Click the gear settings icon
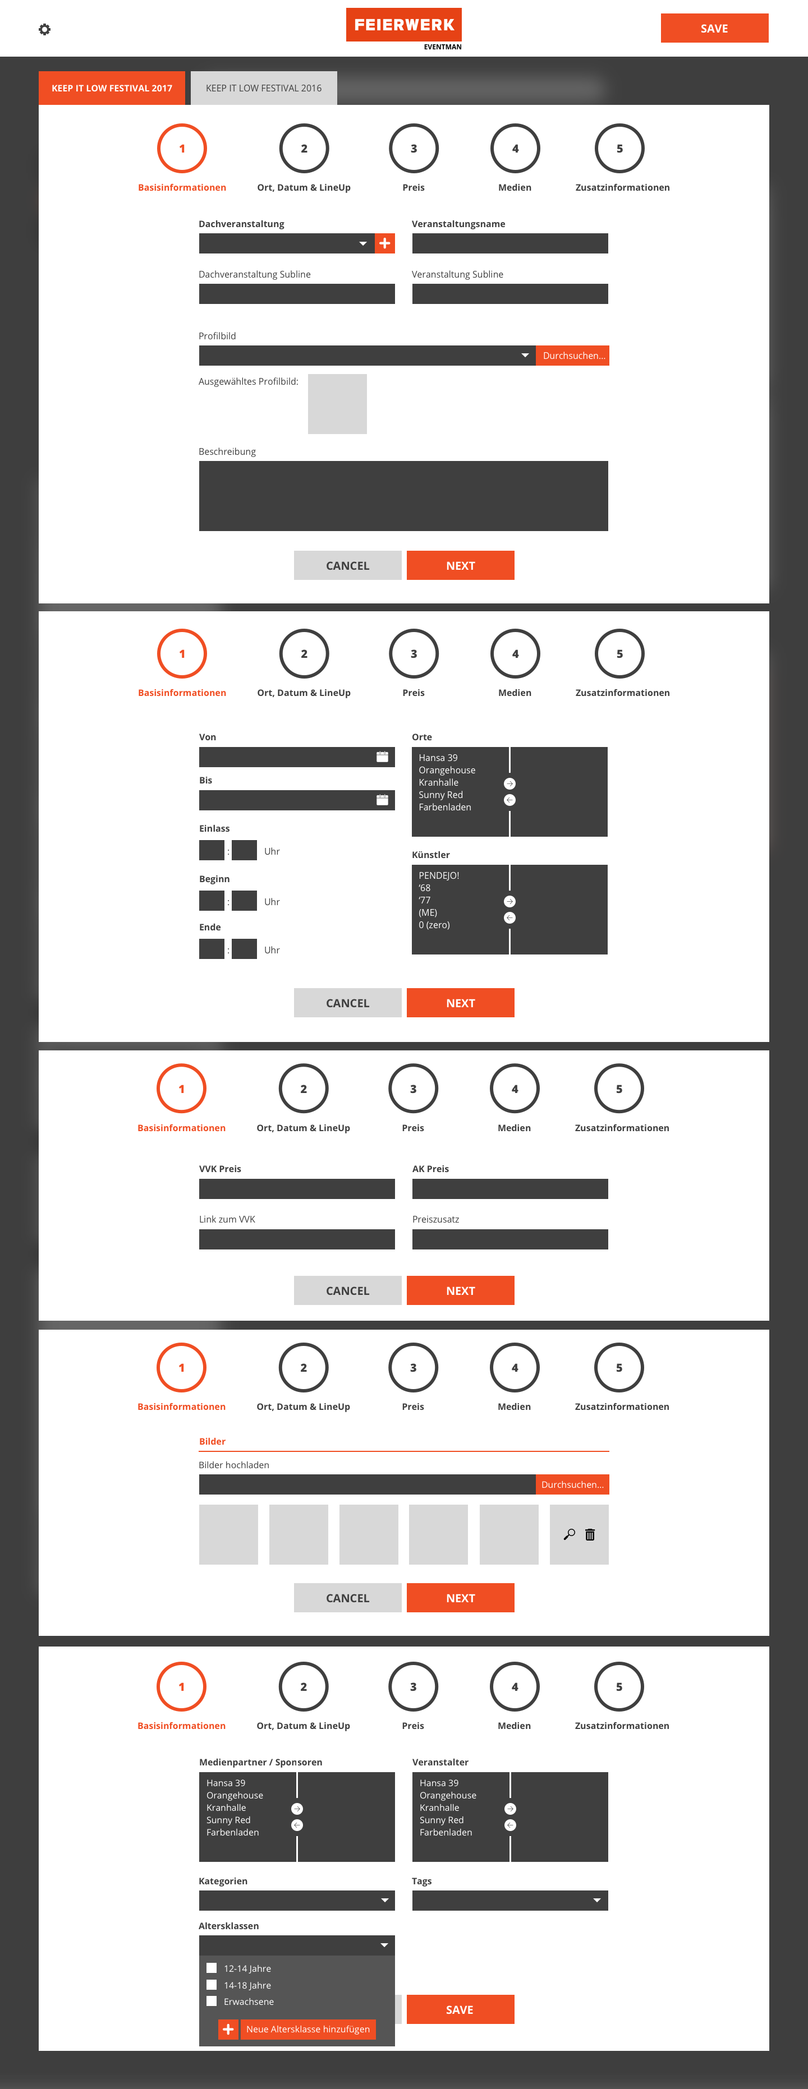pyautogui.click(x=45, y=29)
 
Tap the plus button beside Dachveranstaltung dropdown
pyautogui.click(x=384, y=243)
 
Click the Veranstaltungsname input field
pyautogui.click(x=509, y=243)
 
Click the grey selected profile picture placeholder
pyautogui.click(x=337, y=404)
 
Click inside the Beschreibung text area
pyautogui.click(x=403, y=496)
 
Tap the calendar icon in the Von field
pyautogui.click(x=383, y=757)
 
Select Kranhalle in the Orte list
pyautogui.click(x=439, y=782)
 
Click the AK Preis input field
pyautogui.click(x=509, y=1189)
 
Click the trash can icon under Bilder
pyautogui.click(x=590, y=1534)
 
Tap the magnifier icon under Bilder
pyautogui.click(x=570, y=1534)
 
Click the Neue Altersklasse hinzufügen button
pyautogui.click(x=297, y=2029)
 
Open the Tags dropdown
pyautogui.click(x=509, y=1900)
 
